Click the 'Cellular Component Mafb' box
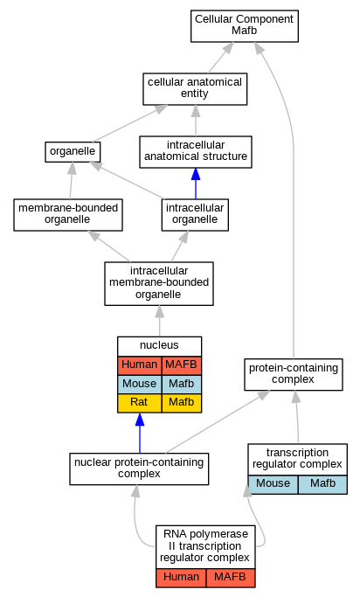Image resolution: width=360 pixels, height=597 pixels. [245, 26]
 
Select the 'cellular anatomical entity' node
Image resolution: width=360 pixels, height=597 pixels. [195, 89]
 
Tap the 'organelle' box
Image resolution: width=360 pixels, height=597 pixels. [73, 152]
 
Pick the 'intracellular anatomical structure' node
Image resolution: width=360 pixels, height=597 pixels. [196, 152]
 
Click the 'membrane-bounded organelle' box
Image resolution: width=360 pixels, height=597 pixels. [68, 215]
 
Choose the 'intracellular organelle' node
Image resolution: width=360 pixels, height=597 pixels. [195, 215]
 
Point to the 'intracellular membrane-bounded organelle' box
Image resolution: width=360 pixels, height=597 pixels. [159, 283]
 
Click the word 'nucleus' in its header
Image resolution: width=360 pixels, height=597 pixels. [159, 346]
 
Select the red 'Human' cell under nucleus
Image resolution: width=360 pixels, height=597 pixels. [140, 365]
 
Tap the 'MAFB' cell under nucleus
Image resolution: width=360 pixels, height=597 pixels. [182, 365]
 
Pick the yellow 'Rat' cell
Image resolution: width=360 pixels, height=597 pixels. [140, 403]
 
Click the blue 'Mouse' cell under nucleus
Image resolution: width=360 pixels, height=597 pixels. [140, 385]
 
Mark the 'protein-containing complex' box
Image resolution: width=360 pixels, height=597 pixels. [294, 374]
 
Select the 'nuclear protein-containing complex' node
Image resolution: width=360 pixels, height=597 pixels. [139, 469]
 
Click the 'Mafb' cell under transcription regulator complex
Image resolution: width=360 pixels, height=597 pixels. [322, 485]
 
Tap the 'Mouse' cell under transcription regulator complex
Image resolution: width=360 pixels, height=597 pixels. [273, 485]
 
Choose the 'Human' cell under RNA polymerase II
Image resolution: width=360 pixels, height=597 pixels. [181, 578]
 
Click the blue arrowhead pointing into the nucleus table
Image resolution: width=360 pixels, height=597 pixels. [140, 420]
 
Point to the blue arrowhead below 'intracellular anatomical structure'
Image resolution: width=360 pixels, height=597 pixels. [196, 174]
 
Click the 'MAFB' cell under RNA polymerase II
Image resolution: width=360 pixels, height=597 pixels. [231, 578]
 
